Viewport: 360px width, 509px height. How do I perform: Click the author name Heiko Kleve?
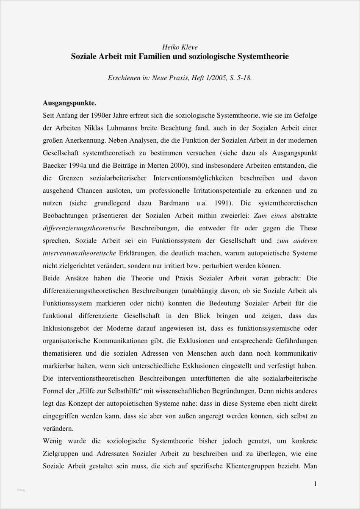(180, 47)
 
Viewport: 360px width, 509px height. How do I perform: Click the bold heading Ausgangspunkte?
(70, 103)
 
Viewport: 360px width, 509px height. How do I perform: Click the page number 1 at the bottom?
(315, 484)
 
